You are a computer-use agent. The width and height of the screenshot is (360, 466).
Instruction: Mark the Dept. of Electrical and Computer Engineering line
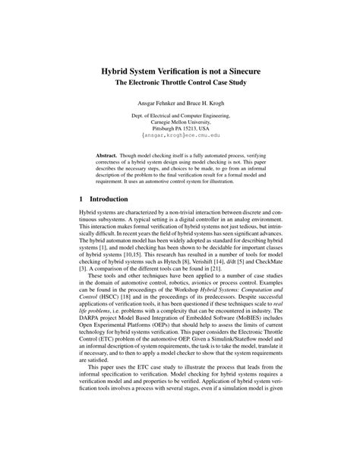[180, 115]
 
